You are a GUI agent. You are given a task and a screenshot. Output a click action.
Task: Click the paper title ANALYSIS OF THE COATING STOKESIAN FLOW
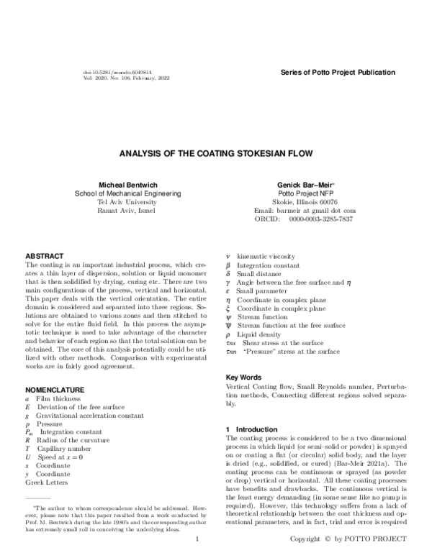pos(216,153)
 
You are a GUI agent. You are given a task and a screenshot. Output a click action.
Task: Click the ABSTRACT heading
pos(45,256)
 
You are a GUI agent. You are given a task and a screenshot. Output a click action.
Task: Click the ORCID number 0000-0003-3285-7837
pos(321,219)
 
